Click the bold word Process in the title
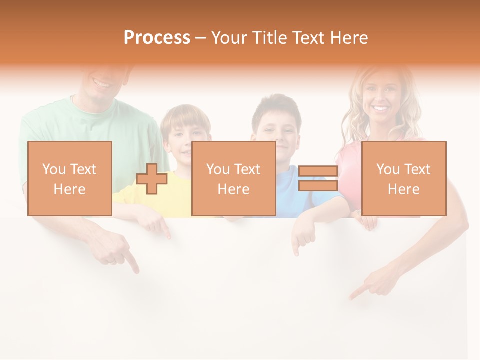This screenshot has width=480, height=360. point(157,38)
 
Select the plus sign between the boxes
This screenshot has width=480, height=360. point(152,179)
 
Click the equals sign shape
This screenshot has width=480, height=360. point(318,179)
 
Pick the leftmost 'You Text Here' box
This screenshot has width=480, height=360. point(69,178)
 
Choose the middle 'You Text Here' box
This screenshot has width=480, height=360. point(233,178)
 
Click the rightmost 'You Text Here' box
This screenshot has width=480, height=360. point(403,178)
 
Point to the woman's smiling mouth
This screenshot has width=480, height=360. point(381,108)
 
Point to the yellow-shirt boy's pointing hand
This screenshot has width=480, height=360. point(159,225)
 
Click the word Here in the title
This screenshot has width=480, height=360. point(349,38)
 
